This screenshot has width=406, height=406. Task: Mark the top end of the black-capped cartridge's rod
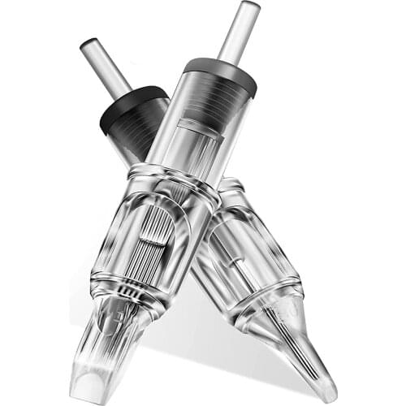(x=87, y=45)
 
